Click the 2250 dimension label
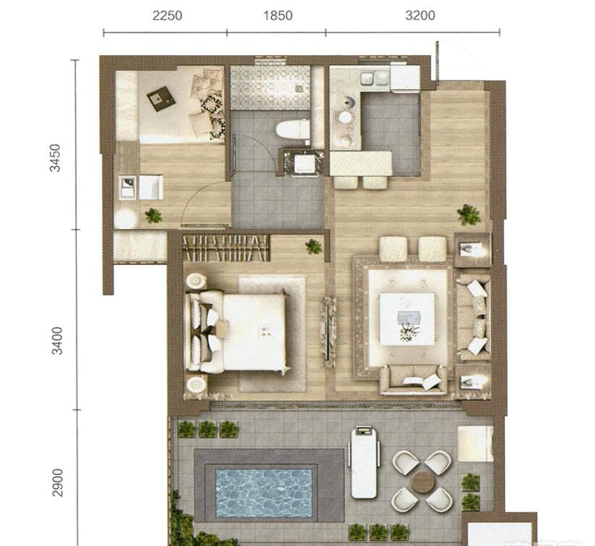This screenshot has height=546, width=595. coord(167,15)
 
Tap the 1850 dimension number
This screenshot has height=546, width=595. coord(278,15)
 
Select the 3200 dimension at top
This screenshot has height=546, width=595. coord(420,15)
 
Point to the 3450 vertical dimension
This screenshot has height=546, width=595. coord(55,158)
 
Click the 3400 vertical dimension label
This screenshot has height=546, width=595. coord(57,340)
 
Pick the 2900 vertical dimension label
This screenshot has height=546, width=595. coord(58,482)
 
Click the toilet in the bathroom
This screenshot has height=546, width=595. coord(293,130)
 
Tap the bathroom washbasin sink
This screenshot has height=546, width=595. coord(304,164)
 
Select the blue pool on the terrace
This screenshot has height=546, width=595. coord(264,493)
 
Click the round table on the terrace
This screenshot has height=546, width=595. coord(423,482)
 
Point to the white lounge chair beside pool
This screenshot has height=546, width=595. coord(364,462)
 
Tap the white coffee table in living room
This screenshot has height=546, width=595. coord(407,319)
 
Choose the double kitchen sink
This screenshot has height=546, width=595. coord(374,78)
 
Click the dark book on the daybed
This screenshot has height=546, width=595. coord(162,99)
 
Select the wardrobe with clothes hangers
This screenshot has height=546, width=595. coord(226,248)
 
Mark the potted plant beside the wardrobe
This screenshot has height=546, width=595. coord(314,247)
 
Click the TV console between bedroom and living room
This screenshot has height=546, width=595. coord(328,332)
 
